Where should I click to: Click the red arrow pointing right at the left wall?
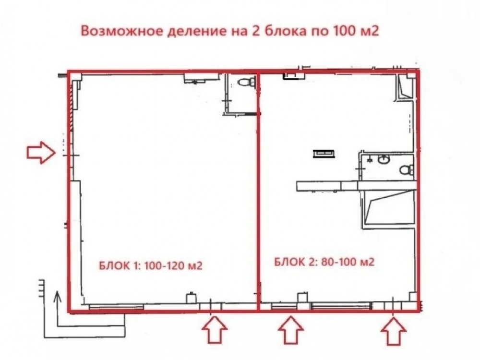(x=41, y=153)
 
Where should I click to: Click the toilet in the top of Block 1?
(x=247, y=82)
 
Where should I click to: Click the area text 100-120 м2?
(x=173, y=265)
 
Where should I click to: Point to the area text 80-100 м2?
(x=348, y=262)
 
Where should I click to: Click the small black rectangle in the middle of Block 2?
(x=324, y=153)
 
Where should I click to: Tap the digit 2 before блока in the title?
(x=255, y=31)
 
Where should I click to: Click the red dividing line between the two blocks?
(x=258, y=192)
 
